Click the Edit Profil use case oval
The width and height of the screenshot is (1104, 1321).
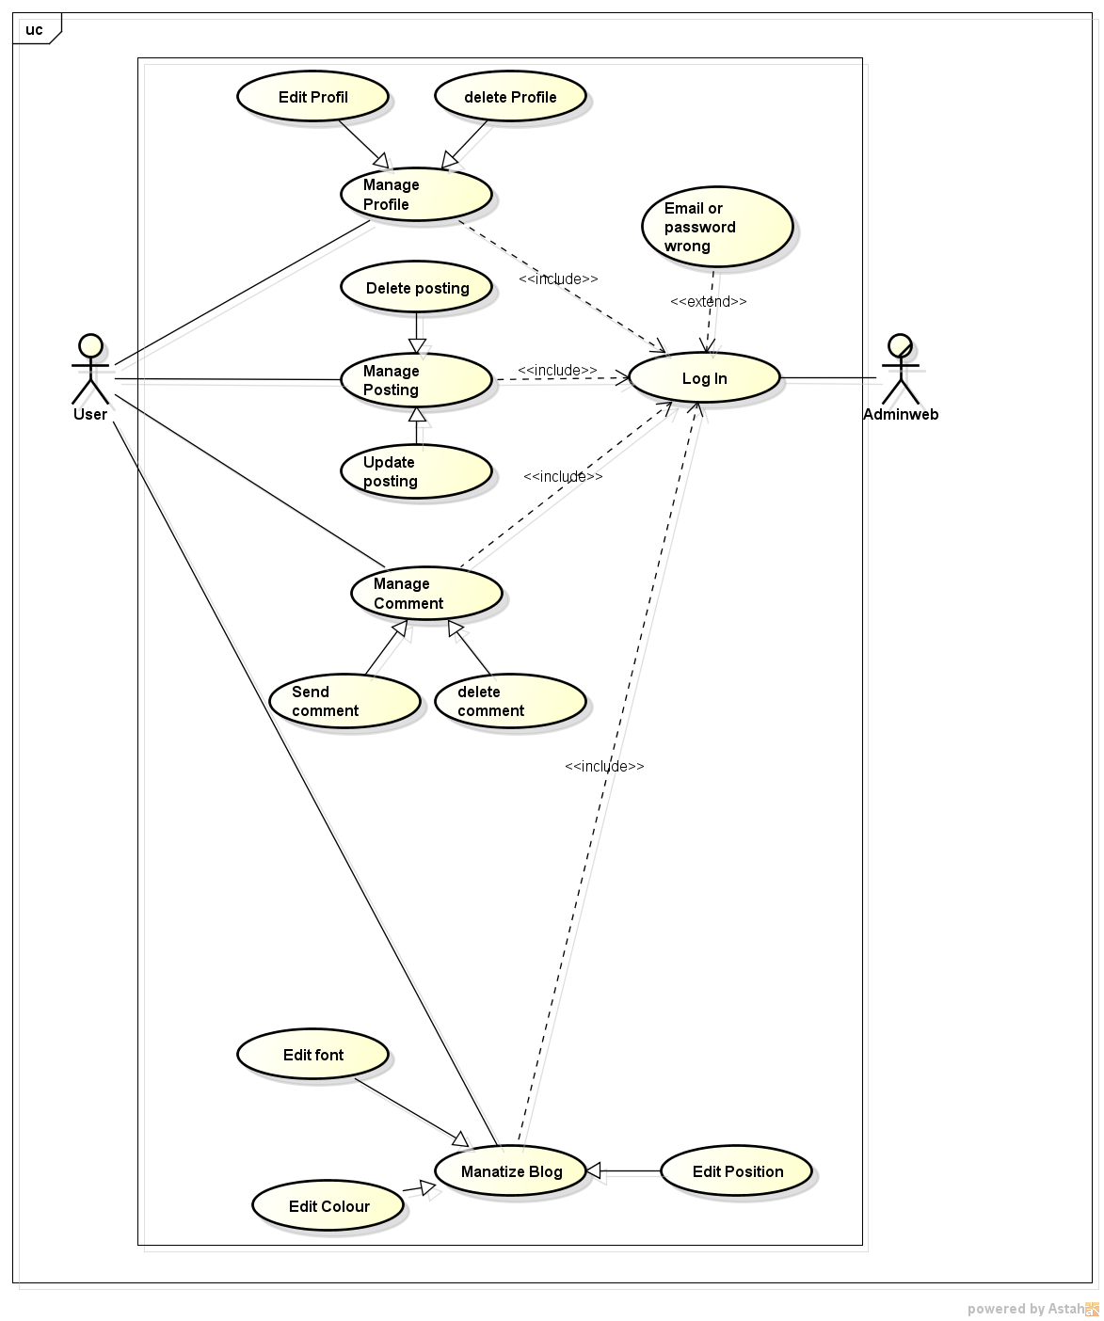tap(312, 97)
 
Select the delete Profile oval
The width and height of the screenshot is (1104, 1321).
tap(510, 97)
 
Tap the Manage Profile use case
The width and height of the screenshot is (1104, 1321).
tap(416, 195)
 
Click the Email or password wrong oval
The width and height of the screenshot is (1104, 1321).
tap(717, 227)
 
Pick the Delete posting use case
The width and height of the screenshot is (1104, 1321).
tap(417, 288)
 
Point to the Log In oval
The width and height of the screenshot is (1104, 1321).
tap(704, 378)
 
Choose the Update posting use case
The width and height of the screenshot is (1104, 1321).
tap(416, 471)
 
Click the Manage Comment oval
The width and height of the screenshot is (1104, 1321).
tap(426, 593)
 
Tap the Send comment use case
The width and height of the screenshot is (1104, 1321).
tap(344, 701)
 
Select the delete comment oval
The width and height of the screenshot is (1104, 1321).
tap(510, 701)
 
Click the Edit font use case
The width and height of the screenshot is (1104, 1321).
tap(312, 1055)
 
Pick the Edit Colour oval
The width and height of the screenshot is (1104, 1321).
tap(328, 1206)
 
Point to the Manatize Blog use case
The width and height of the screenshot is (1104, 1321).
tap(511, 1171)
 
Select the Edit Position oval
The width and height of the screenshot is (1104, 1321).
tap(737, 1171)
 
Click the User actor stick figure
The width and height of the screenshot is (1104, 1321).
tap(90, 370)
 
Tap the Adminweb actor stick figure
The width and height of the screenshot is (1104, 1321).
tap(900, 370)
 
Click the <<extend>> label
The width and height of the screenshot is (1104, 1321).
tap(708, 301)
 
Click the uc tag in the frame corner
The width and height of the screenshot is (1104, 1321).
tap(35, 29)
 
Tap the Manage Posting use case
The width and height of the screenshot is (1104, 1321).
tap(416, 380)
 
